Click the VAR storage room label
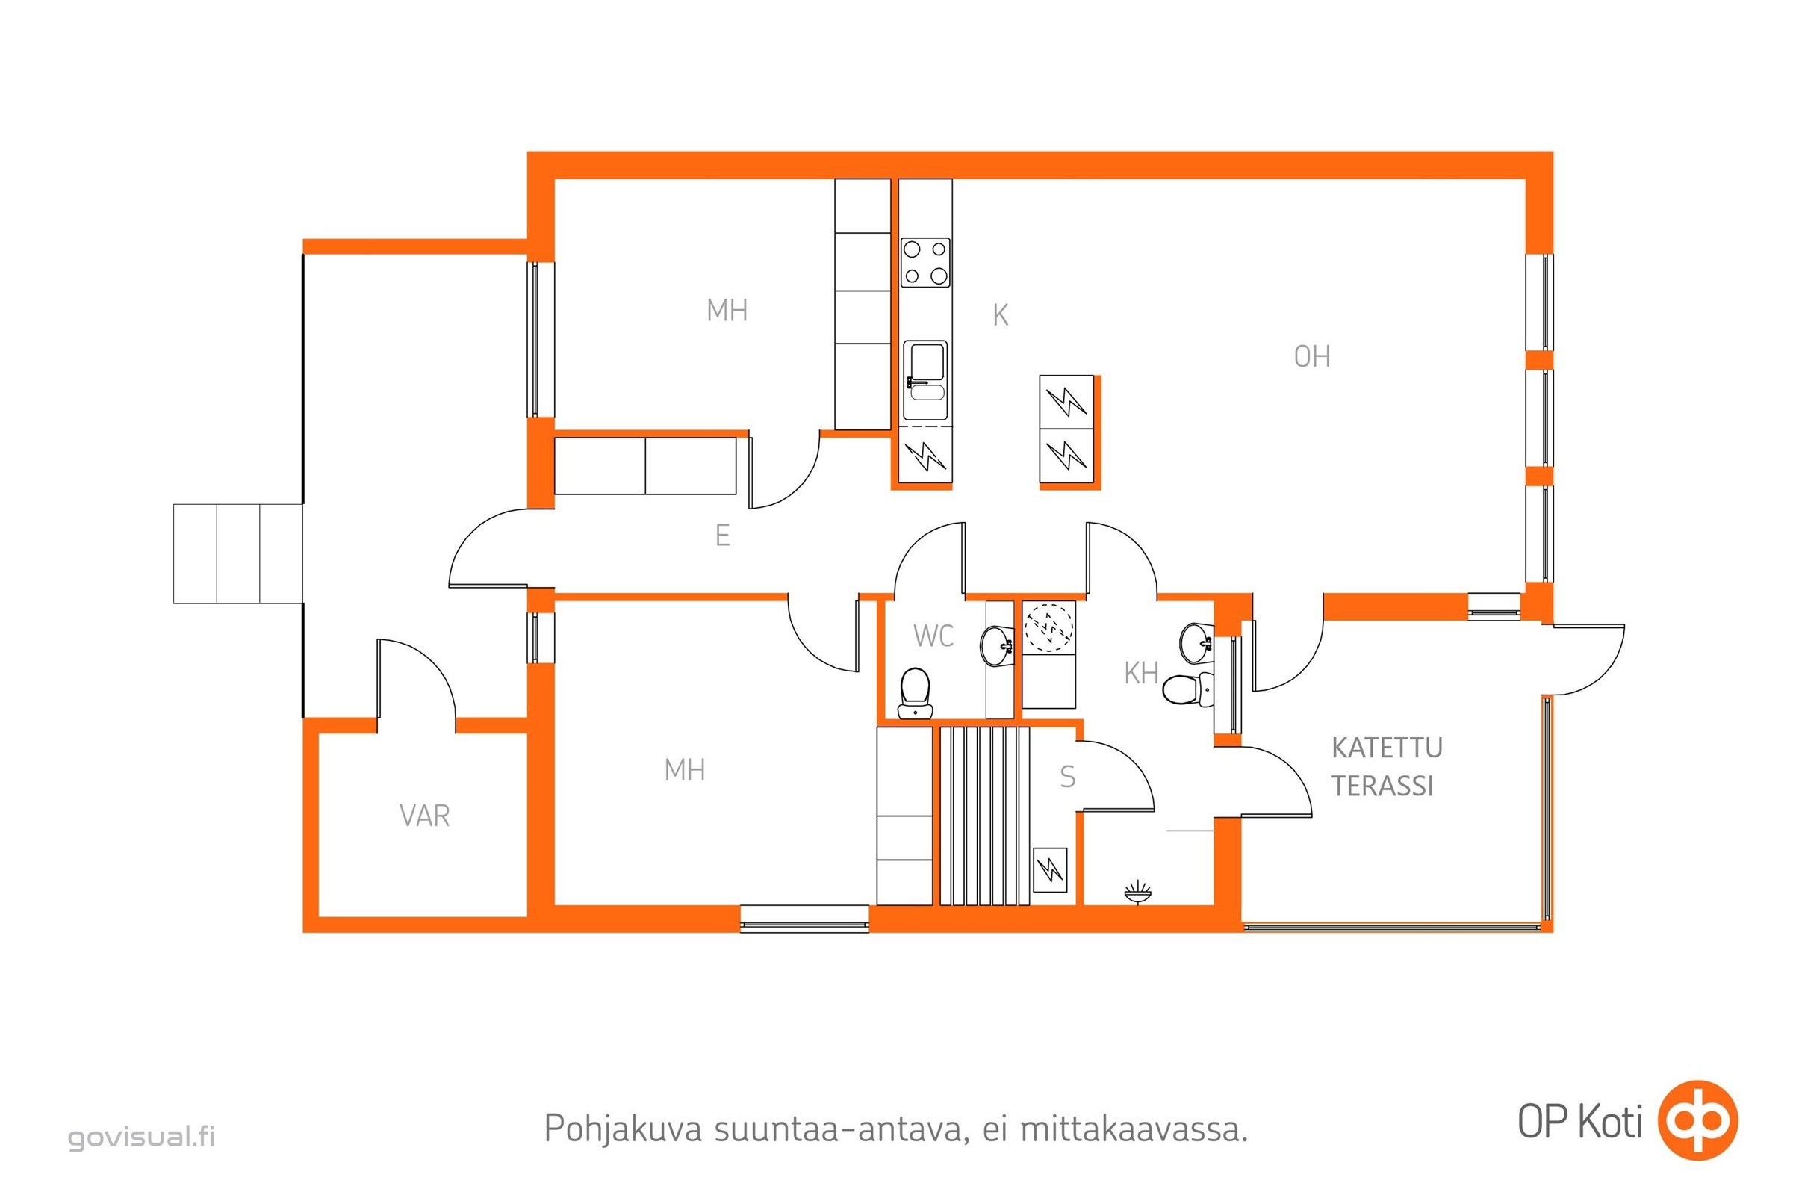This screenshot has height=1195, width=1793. pyautogui.click(x=424, y=816)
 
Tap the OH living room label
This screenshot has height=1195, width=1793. pyautogui.click(x=1311, y=357)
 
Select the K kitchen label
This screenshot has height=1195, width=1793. pyautogui.click(x=1000, y=314)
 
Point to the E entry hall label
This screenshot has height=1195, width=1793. pyautogui.click(x=722, y=536)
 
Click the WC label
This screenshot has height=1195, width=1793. pyautogui.click(x=933, y=636)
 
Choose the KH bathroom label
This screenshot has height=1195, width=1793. pyautogui.click(x=1142, y=673)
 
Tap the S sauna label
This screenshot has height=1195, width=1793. pyautogui.click(x=1068, y=777)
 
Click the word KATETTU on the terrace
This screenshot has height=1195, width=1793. pyautogui.click(x=1387, y=748)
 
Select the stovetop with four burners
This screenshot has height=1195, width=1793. pyautogui.click(x=925, y=262)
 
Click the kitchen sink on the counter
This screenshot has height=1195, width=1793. pyautogui.click(x=925, y=380)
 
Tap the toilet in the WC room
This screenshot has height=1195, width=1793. pyautogui.click(x=915, y=693)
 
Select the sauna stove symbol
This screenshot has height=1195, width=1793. pyautogui.click(x=1049, y=869)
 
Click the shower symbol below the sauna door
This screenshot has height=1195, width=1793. pyautogui.click(x=1137, y=892)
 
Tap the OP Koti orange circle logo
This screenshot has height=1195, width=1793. pyautogui.click(x=1697, y=1120)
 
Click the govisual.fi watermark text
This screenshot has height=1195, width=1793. pyautogui.click(x=142, y=1137)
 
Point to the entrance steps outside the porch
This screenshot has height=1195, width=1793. pyautogui.click(x=237, y=554)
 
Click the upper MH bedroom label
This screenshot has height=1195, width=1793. pyautogui.click(x=727, y=311)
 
